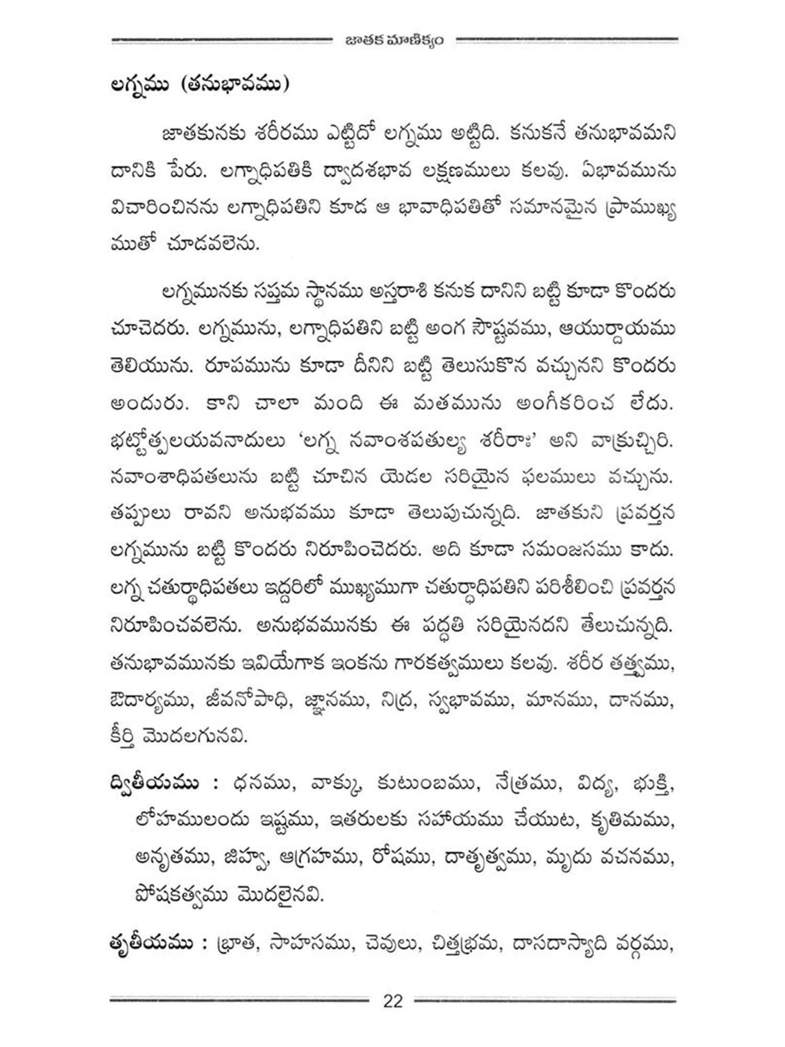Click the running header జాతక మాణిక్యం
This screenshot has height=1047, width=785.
394,40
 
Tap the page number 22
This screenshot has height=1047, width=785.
393,1001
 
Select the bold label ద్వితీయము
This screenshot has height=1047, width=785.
155,784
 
